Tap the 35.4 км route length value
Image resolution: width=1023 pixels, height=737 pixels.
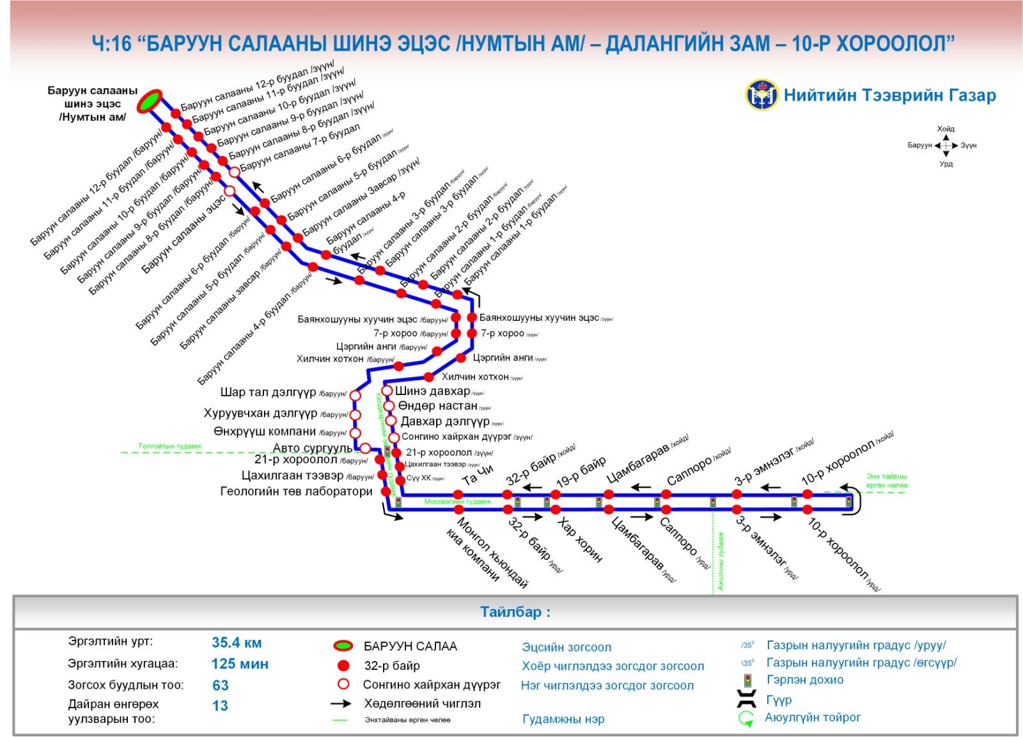[x=237, y=643]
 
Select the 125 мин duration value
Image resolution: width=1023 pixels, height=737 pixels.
[x=240, y=664]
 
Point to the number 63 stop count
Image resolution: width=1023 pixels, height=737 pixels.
[x=221, y=685]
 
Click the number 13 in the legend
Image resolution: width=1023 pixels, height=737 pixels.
[x=220, y=706]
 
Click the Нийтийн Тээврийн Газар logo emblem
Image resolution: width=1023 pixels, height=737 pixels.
[x=761, y=95]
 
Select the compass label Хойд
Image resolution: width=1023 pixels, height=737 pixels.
[x=946, y=129]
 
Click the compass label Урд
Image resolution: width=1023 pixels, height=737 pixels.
[x=946, y=164]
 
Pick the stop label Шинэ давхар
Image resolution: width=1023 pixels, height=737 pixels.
[x=432, y=391]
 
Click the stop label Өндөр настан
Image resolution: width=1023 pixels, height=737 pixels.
[x=437, y=406]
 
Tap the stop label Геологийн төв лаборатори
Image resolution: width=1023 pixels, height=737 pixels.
[x=296, y=492]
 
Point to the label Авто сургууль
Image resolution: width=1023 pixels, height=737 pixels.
[x=313, y=447]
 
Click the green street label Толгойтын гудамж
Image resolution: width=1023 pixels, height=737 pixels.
[x=169, y=446]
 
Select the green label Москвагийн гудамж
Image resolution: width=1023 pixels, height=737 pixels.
[x=457, y=502]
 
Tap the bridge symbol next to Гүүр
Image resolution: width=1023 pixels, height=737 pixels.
[x=746, y=699]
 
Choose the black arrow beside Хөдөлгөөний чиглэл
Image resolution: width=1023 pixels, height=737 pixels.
[x=341, y=704]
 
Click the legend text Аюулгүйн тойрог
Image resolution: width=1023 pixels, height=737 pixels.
[x=812, y=718]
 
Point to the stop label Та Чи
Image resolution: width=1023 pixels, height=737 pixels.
[x=478, y=475]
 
